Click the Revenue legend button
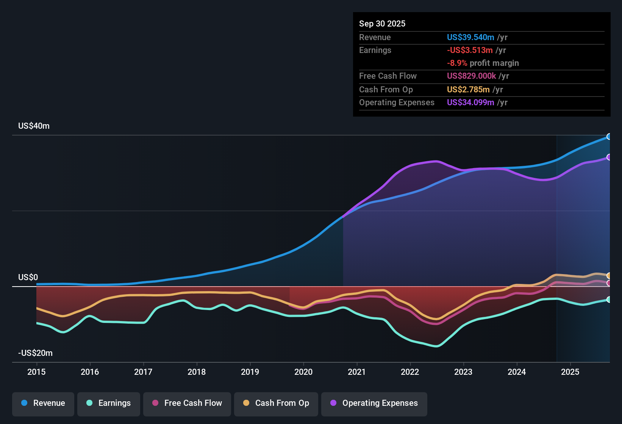click(43, 403)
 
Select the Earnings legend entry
click(109, 403)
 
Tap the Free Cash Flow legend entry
click(187, 403)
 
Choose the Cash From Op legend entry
click(276, 403)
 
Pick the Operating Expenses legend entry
click(374, 403)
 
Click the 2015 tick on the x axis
click(36, 372)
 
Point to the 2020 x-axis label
click(303, 372)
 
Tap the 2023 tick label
click(463, 372)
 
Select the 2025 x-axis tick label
click(570, 372)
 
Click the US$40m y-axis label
click(34, 126)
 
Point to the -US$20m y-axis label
click(35, 353)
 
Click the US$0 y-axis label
click(28, 277)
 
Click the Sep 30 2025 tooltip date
click(382, 24)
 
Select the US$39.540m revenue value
click(470, 37)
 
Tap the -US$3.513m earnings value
click(470, 50)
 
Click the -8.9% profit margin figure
click(457, 63)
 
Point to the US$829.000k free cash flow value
click(471, 76)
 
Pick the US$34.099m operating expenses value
click(470, 103)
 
